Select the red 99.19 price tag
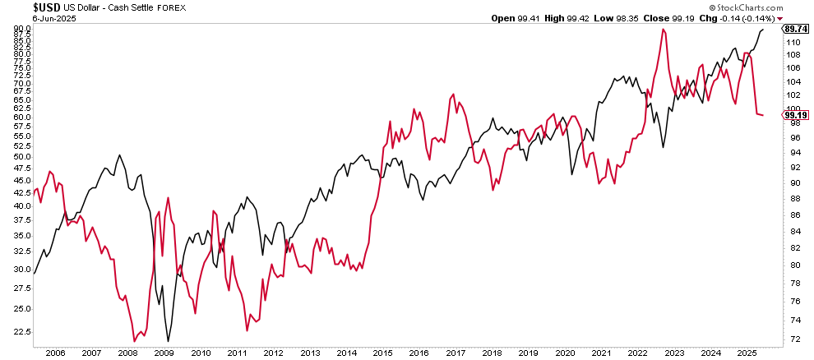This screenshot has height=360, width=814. (x=793, y=116)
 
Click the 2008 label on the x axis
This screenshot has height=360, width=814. (x=127, y=353)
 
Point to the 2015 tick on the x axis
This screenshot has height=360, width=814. (x=382, y=353)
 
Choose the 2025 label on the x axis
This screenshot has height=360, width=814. (x=746, y=353)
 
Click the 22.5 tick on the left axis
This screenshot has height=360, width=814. (x=20, y=332)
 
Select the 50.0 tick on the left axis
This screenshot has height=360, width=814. (x=20, y=156)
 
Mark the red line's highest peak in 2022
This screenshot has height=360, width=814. (x=663, y=30)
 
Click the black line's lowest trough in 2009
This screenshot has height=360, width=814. (x=168, y=341)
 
